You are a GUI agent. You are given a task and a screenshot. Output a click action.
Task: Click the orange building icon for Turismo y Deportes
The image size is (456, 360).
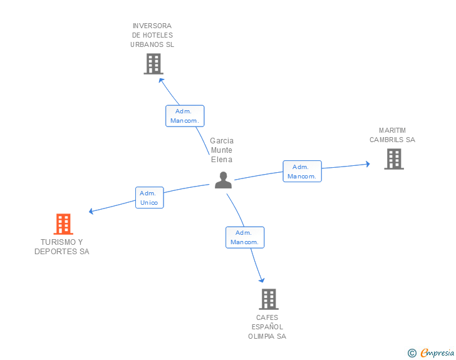click(63, 224)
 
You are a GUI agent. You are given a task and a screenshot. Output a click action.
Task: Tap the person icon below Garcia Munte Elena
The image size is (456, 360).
click(223, 180)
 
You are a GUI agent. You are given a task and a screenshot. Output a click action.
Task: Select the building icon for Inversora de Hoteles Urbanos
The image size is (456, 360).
click(153, 64)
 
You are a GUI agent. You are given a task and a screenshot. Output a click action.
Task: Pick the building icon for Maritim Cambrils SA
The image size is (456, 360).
click(394, 159)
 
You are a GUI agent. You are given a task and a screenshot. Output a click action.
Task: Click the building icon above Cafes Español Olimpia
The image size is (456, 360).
click(269, 299)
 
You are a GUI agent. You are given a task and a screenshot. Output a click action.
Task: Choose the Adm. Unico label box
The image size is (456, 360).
click(150, 197)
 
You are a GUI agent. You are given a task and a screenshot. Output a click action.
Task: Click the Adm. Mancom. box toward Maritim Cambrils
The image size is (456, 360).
click(302, 172)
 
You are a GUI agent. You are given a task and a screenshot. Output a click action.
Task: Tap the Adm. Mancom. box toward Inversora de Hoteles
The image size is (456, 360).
click(185, 116)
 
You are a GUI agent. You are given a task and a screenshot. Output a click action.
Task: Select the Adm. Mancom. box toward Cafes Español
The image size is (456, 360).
click(245, 237)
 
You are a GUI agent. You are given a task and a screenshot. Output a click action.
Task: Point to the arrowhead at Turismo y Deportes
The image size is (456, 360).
click(91, 212)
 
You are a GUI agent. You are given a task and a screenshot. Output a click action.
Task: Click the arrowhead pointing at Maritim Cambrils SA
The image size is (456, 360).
click(368, 164)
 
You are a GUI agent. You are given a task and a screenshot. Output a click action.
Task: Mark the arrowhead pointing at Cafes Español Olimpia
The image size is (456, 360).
click(262, 280)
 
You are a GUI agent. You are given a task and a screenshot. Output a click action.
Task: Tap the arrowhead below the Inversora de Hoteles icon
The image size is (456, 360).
click(161, 80)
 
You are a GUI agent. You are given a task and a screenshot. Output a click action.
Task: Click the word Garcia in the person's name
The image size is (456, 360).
click(222, 141)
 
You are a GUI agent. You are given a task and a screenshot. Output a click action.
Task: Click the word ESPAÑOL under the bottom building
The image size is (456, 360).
click(267, 327)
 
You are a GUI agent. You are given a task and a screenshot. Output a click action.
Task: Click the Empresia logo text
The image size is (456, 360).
click(437, 353)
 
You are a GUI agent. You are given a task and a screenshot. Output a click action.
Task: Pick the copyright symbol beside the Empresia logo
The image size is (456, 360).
click(412, 353)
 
